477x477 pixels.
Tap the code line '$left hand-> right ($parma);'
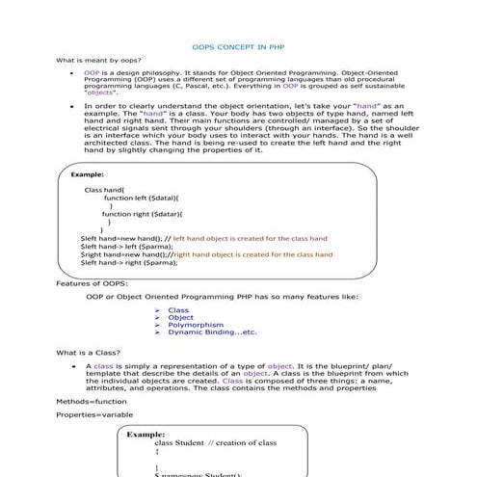129,262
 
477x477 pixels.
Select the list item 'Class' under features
178,309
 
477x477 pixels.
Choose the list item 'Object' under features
180,317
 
